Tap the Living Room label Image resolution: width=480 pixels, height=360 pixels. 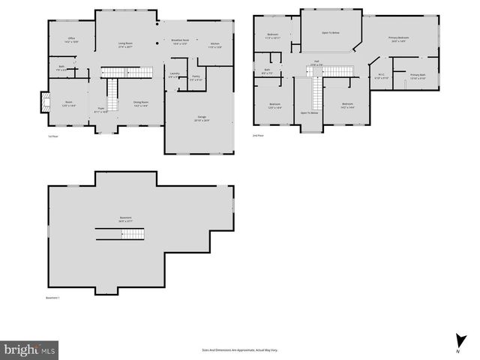coord(126,44)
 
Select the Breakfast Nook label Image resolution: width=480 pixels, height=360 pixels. coord(181,40)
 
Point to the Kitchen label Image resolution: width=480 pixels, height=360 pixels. coord(216,44)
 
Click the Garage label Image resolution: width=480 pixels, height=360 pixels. coord(202,118)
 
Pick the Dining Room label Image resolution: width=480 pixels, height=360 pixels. coord(141,103)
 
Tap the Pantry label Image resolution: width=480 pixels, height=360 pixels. coord(195,77)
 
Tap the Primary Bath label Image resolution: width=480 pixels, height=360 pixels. coord(417,76)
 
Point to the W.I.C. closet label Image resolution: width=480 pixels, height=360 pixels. coord(380,74)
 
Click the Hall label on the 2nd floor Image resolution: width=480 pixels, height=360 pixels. coord(318,62)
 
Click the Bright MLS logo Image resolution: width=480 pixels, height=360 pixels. coord(29,349)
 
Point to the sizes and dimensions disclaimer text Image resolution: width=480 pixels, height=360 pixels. coord(239,349)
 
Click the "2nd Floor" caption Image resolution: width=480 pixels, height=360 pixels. coord(258,136)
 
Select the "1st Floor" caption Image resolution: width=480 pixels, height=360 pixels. coord(53,136)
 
